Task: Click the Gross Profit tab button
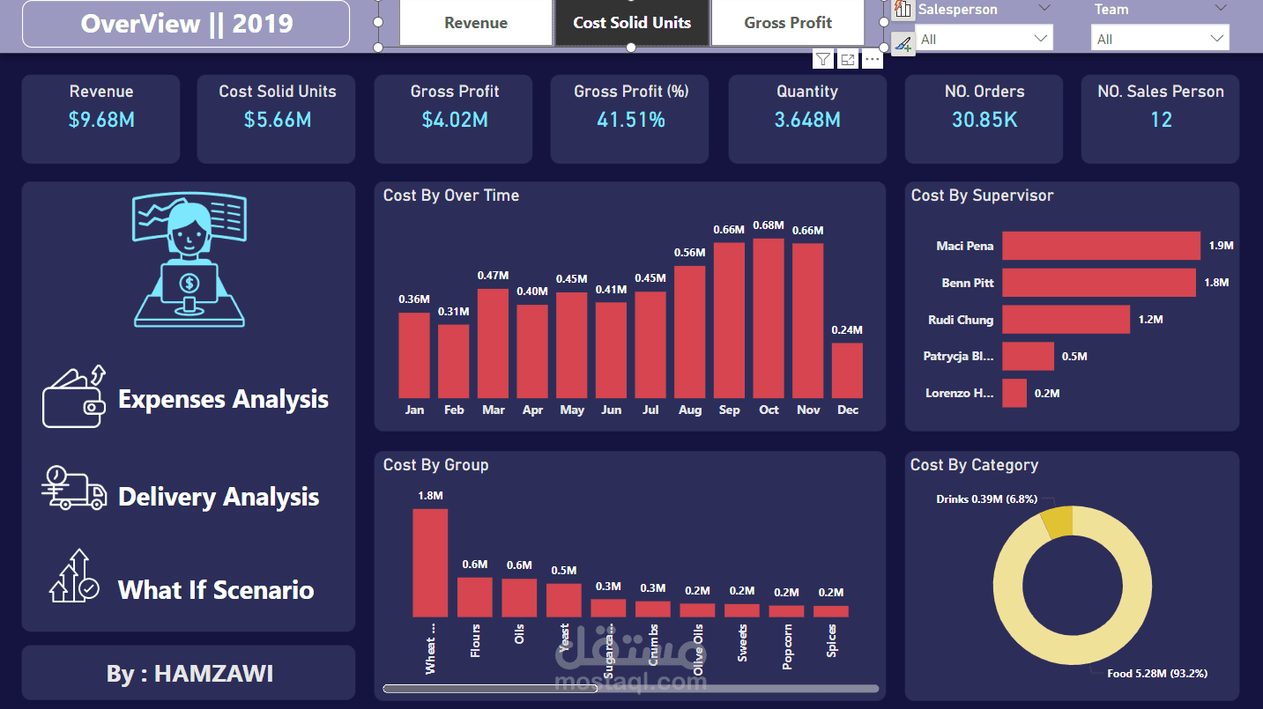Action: point(788,23)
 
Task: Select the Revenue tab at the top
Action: point(476,23)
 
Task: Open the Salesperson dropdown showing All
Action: point(984,39)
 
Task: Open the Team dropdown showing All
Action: point(1159,39)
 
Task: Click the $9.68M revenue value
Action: point(101,120)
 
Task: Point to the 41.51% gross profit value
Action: point(630,120)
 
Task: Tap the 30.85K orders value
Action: point(984,120)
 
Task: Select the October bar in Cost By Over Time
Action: point(769,318)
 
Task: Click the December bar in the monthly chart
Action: point(847,370)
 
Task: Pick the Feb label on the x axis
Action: point(454,410)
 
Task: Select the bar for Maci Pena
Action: point(1101,246)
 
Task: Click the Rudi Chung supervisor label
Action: point(961,320)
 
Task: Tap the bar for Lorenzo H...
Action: point(1014,393)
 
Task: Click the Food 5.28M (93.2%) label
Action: point(1157,673)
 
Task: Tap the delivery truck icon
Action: point(74,489)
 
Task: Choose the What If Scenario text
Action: point(216,589)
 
